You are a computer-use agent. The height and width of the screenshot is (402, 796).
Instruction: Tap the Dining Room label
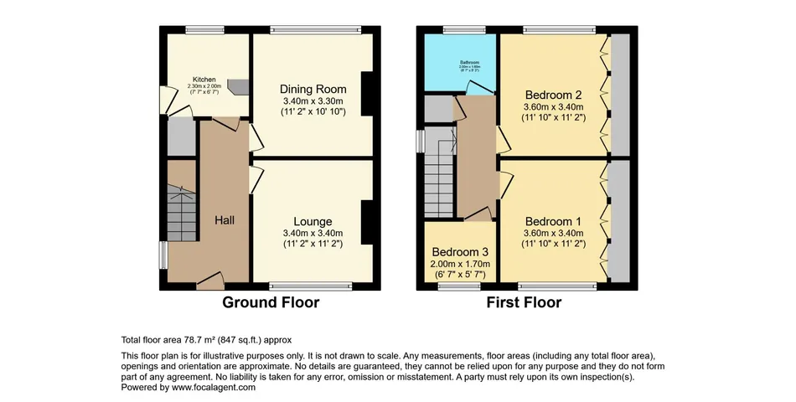point(313,89)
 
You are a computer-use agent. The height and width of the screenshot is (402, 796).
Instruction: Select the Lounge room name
point(313,221)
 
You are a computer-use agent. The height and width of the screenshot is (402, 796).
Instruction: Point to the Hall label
point(224,219)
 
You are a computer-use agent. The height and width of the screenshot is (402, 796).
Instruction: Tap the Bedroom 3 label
point(460,252)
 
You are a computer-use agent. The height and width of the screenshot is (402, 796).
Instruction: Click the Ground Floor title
point(270,302)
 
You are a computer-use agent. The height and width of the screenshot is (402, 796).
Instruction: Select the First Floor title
point(524,302)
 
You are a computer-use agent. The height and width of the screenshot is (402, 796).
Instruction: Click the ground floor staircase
point(181,214)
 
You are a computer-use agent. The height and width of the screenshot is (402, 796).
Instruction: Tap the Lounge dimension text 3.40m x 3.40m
point(313,233)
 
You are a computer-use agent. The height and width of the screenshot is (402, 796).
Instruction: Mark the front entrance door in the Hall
point(210,279)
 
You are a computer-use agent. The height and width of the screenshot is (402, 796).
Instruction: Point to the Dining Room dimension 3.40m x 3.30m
point(313,101)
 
